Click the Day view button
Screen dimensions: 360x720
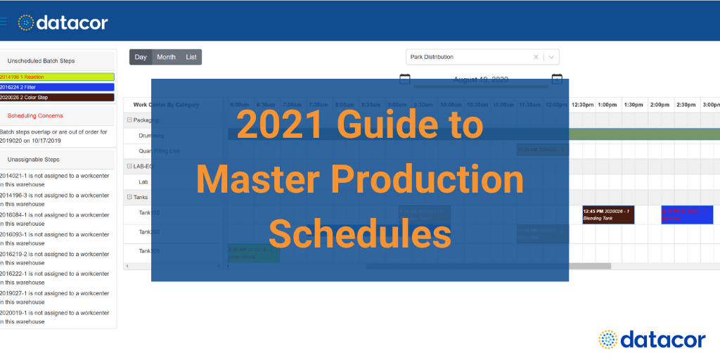pyautogui.click(x=141, y=57)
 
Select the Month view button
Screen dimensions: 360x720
pyautogui.click(x=167, y=57)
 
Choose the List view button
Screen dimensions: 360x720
pyautogui.click(x=191, y=57)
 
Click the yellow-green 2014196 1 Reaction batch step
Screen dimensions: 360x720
pyautogui.click(x=57, y=77)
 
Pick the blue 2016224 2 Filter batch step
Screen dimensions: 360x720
pyautogui.click(x=57, y=87)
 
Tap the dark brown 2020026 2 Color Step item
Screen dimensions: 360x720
pyautogui.click(x=57, y=97)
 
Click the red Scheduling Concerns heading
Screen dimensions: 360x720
pyautogui.click(x=35, y=115)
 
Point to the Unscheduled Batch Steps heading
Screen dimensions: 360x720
pyautogui.click(x=41, y=61)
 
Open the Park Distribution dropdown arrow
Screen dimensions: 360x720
pyautogui.click(x=552, y=57)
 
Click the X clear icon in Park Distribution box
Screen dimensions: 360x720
pyautogui.click(x=536, y=57)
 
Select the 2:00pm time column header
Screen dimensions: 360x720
pyautogui.click(x=660, y=105)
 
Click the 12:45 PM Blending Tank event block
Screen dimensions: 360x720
pyautogui.click(x=608, y=215)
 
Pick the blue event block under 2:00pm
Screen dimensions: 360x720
pyautogui.click(x=686, y=215)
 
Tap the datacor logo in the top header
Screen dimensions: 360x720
pyautogui.click(x=63, y=22)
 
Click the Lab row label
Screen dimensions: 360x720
pyautogui.click(x=143, y=181)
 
